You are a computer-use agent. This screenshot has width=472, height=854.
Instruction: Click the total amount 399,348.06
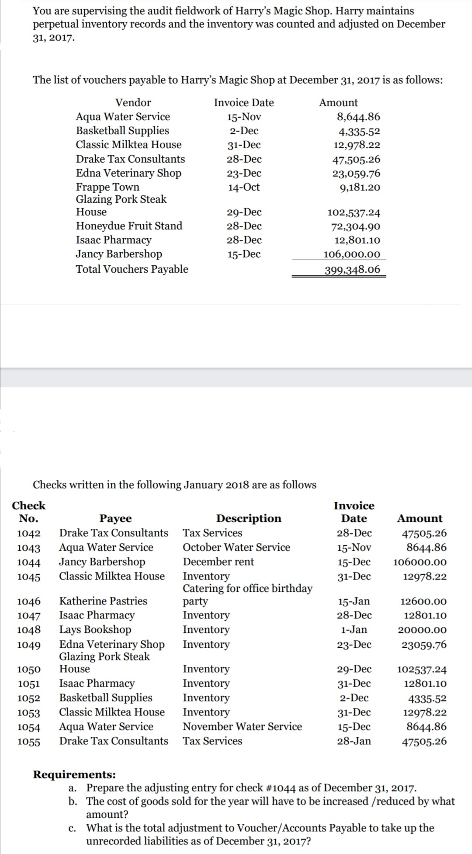pos(352,269)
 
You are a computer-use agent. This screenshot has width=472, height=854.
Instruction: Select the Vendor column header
pos(133,103)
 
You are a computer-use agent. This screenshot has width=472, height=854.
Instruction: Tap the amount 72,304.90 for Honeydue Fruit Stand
pos(354,226)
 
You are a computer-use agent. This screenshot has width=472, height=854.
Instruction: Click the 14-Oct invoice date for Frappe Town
pos(244,187)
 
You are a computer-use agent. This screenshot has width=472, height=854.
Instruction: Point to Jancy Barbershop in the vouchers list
pos(119,254)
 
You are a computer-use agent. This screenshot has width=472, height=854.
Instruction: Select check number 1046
pos(29,601)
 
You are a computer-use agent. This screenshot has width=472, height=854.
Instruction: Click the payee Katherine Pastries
pos(103,601)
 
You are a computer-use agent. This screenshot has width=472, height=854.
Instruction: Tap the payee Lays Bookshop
pos(95,629)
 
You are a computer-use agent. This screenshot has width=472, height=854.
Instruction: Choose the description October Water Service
pos(236,547)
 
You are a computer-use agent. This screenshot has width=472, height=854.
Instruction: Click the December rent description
pos(218,562)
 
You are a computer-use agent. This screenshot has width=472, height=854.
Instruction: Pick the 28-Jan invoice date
pos(354,741)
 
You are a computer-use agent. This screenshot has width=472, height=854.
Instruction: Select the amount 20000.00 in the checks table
pos(422,630)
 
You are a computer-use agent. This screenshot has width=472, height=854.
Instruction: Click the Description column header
pos(249,518)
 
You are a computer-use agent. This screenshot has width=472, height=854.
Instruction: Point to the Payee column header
pos(115,518)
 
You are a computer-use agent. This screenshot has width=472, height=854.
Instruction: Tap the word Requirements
pos(74,774)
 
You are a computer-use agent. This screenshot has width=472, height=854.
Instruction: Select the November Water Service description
pos(242,726)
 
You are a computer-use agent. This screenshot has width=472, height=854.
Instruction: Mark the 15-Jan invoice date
pos(354,601)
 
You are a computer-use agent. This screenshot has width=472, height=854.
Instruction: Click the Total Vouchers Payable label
pos(132,269)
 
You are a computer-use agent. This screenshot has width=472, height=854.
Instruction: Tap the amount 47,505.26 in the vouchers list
pos(356,160)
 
